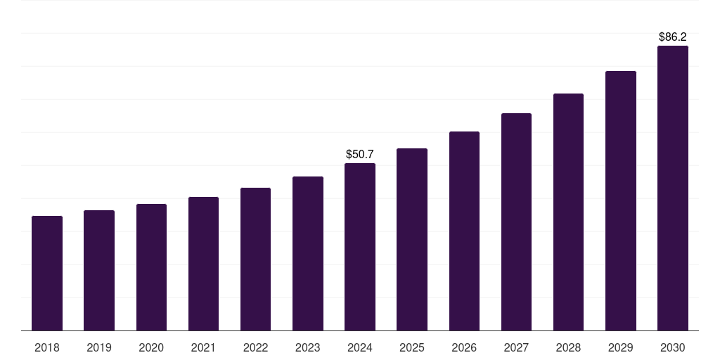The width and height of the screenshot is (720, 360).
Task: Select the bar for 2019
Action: [x=99, y=270]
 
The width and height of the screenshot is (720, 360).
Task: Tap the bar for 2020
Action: [x=151, y=267]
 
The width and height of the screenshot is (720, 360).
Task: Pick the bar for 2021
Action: [x=203, y=264]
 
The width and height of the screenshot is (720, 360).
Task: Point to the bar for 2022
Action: [x=255, y=259]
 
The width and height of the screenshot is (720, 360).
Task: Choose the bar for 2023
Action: [x=308, y=253]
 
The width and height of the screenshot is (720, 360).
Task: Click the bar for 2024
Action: [x=360, y=247]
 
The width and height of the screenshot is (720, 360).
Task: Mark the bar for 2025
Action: [x=412, y=239]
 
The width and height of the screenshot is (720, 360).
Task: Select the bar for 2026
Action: [x=464, y=231]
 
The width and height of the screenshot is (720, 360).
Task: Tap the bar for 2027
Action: [x=516, y=221]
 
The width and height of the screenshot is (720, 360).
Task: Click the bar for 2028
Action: [x=568, y=212]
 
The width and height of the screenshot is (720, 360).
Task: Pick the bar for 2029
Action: [x=621, y=200]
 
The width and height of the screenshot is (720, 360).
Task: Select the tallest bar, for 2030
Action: [x=673, y=188]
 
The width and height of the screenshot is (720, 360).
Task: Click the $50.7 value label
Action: [x=360, y=154]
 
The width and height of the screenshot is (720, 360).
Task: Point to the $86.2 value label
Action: [x=673, y=37]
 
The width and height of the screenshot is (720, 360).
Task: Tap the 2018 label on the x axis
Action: [x=47, y=347]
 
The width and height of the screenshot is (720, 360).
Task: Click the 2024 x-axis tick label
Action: [x=360, y=347]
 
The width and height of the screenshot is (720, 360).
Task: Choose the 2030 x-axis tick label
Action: [x=673, y=347]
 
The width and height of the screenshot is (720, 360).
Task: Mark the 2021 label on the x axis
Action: [x=203, y=347]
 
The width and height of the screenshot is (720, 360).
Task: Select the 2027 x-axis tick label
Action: [x=516, y=347]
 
